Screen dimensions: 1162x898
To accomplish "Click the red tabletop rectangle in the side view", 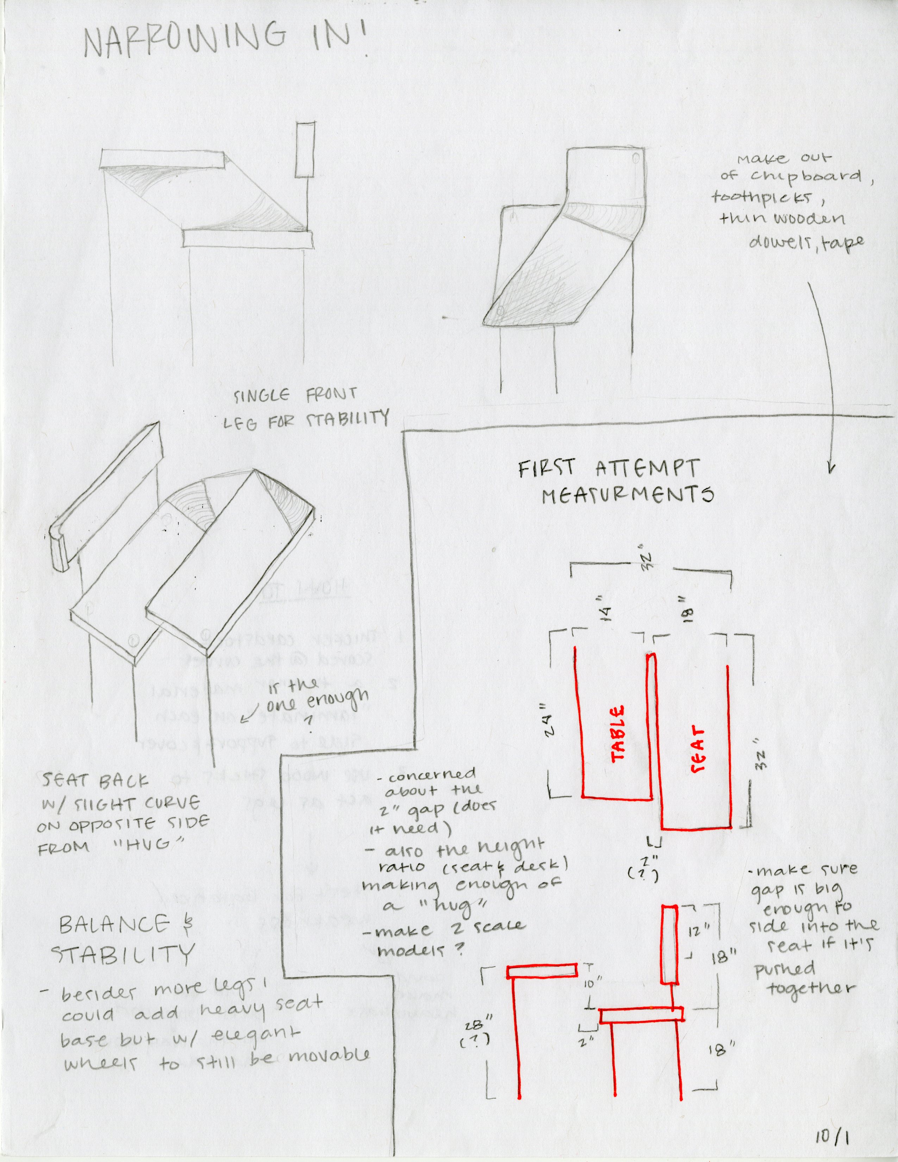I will [542, 972].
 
